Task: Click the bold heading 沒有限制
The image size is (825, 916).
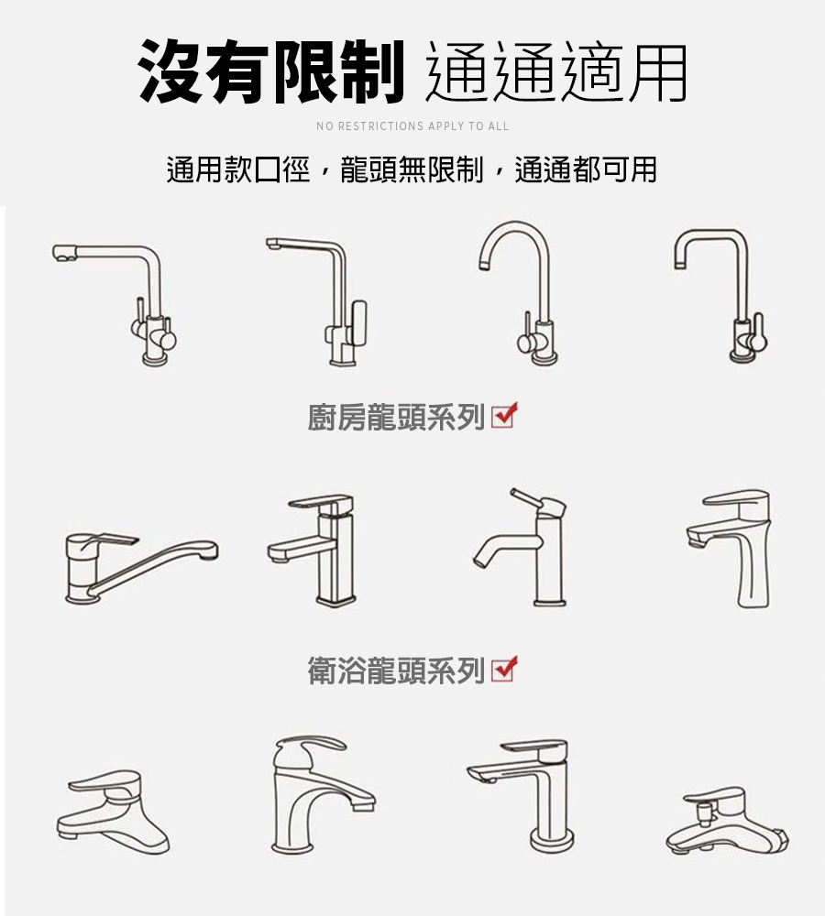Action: coord(271,72)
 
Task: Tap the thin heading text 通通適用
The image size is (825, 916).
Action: coord(555,72)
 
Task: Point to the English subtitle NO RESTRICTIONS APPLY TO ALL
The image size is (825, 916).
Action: coord(412,126)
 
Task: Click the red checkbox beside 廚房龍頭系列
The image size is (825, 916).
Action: coord(504,415)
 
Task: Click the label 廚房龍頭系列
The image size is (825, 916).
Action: coord(396,417)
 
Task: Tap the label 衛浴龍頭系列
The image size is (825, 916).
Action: coord(396,671)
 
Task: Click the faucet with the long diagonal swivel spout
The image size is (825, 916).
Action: coord(140,568)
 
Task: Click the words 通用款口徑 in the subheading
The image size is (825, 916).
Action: coord(238,170)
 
